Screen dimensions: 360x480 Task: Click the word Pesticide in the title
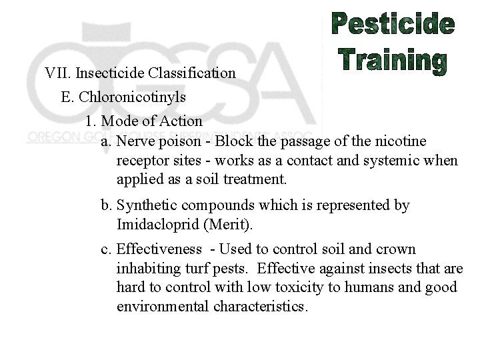tap(393, 25)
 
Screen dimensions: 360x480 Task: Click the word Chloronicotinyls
tap(132, 97)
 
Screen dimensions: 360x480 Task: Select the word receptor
tap(141, 161)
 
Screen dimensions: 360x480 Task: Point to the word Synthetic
tap(146, 205)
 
